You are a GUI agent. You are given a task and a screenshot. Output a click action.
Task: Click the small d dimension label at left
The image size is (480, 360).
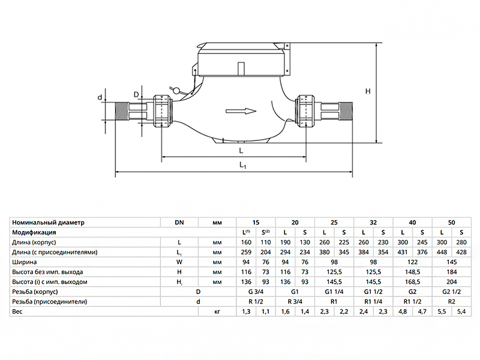coord(100,97)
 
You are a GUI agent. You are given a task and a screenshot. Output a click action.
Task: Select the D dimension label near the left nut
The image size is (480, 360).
coord(136,94)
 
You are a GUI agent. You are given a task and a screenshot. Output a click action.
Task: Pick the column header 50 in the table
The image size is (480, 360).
coord(451,222)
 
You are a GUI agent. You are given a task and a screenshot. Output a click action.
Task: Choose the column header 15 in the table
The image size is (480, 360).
coord(256,222)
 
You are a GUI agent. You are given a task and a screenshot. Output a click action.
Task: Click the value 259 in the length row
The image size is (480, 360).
coord(246,252)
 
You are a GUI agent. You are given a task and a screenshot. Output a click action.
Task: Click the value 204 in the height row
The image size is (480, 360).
coord(451,282)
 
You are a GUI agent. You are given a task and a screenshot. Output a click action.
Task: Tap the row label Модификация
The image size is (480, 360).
coord(34,232)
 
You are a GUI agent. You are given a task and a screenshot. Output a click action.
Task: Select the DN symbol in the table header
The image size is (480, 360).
coord(179,222)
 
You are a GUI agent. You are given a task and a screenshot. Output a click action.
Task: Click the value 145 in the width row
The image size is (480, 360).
coord(451,262)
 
